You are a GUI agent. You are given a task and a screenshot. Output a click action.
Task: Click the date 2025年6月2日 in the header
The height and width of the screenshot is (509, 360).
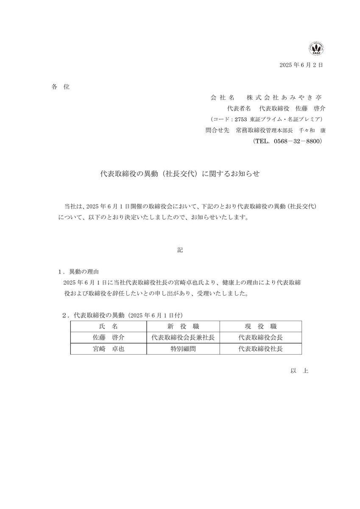pos(301,65)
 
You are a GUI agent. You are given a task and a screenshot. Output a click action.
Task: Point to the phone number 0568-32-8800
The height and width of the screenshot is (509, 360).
pos(299,141)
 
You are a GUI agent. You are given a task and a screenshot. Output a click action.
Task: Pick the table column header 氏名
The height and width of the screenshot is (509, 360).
pos(108,327)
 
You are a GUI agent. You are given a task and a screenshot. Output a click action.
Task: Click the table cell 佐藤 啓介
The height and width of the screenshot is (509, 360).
pos(108,338)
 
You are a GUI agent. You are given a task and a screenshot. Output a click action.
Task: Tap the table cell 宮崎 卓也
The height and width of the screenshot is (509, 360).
pos(108,349)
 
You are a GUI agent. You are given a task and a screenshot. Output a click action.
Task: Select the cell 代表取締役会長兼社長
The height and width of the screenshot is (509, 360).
pos(183,338)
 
